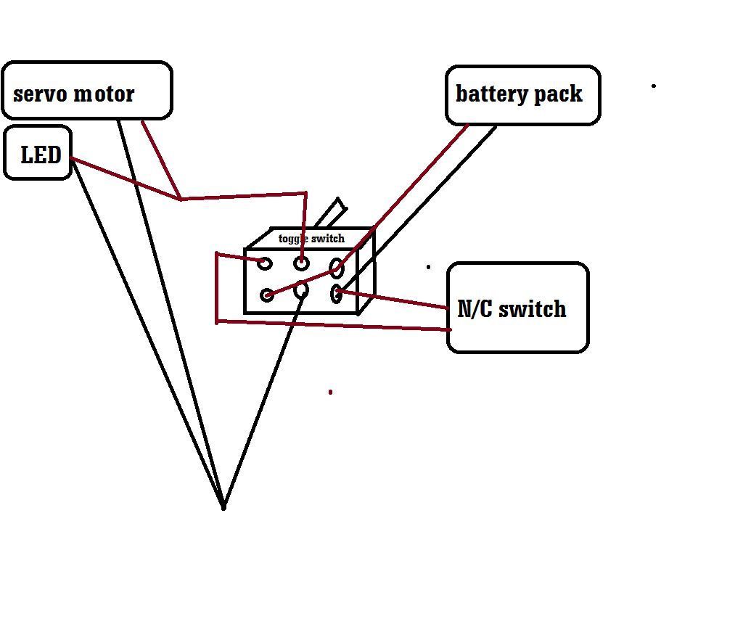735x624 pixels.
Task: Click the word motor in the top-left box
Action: tap(104, 94)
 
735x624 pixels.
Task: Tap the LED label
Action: tap(41, 155)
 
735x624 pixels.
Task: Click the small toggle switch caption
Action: tap(311, 239)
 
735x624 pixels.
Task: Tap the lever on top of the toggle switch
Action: tap(332, 213)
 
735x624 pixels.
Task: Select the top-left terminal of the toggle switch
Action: tap(265, 263)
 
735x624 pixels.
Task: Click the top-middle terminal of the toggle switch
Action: tap(301, 263)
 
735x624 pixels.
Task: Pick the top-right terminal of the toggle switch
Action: tap(337, 268)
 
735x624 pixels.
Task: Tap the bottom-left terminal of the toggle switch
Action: tap(267, 295)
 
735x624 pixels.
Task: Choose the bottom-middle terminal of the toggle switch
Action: tap(301, 290)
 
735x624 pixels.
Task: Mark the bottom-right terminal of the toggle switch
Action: tap(336, 294)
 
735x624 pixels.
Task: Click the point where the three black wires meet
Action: tap(223, 507)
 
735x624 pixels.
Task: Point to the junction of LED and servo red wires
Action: tap(181, 200)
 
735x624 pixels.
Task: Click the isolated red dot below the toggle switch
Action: tap(330, 392)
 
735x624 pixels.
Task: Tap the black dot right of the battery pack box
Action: tap(654, 86)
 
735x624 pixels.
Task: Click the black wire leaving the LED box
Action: tap(148, 333)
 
